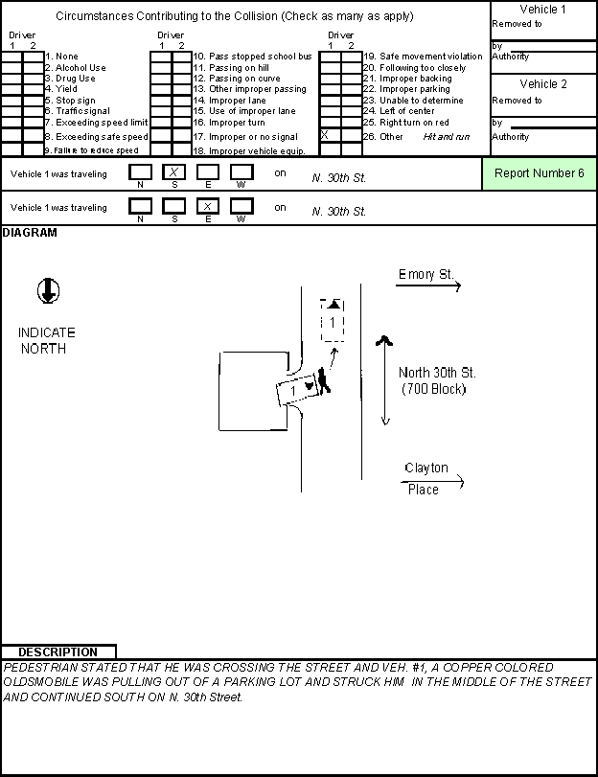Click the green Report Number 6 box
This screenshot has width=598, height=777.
pyautogui.click(x=539, y=173)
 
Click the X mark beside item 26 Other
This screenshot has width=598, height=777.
pyautogui.click(x=324, y=135)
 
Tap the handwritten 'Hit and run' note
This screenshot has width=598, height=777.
pyautogui.click(x=447, y=137)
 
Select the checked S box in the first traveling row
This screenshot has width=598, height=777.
pyautogui.click(x=174, y=171)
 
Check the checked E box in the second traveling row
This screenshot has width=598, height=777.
pyautogui.click(x=208, y=206)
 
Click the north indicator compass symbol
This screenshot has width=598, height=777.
pyautogui.click(x=48, y=290)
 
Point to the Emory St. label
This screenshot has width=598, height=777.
pyautogui.click(x=425, y=274)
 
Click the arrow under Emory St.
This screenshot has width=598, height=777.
pyautogui.click(x=428, y=286)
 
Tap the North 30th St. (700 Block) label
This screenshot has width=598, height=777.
pyautogui.click(x=436, y=380)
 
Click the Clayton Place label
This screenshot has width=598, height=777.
pyautogui.click(x=425, y=478)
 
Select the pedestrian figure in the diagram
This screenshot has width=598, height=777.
pyautogui.click(x=323, y=380)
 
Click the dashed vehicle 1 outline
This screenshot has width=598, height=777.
pyautogui.click(x=333, y=320)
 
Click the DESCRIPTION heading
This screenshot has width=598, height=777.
pyautogui.click(x=58, y=652)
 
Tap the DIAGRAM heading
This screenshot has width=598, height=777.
pyautogui.click(x=30, y=233)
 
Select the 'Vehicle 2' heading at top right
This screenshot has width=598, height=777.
pyautogui.click(x=543, y=83)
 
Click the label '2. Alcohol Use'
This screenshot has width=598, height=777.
pyautogui.click(x=76, y=67)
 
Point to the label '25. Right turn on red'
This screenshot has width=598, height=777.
pyautogui.click(x=406, y=123)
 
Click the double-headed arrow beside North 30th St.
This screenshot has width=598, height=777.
pyautogui.click(x=384, y=380)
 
